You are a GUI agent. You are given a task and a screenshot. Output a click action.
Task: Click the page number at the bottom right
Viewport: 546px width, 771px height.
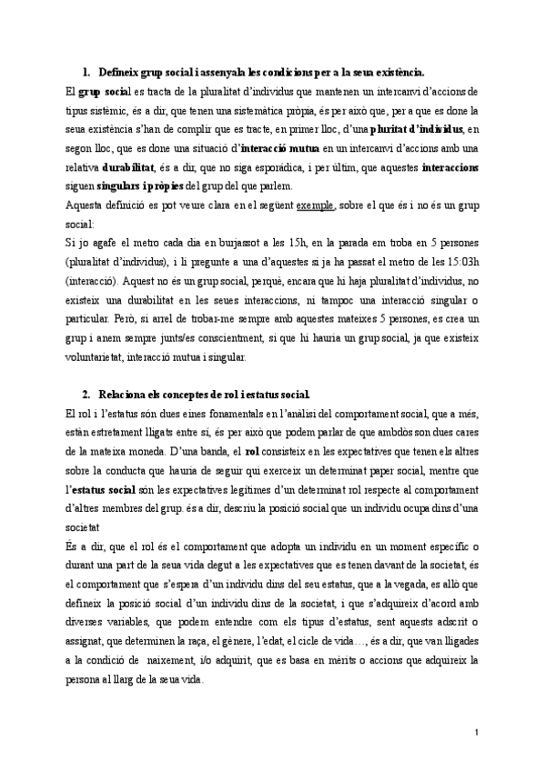tap(478, 732)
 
